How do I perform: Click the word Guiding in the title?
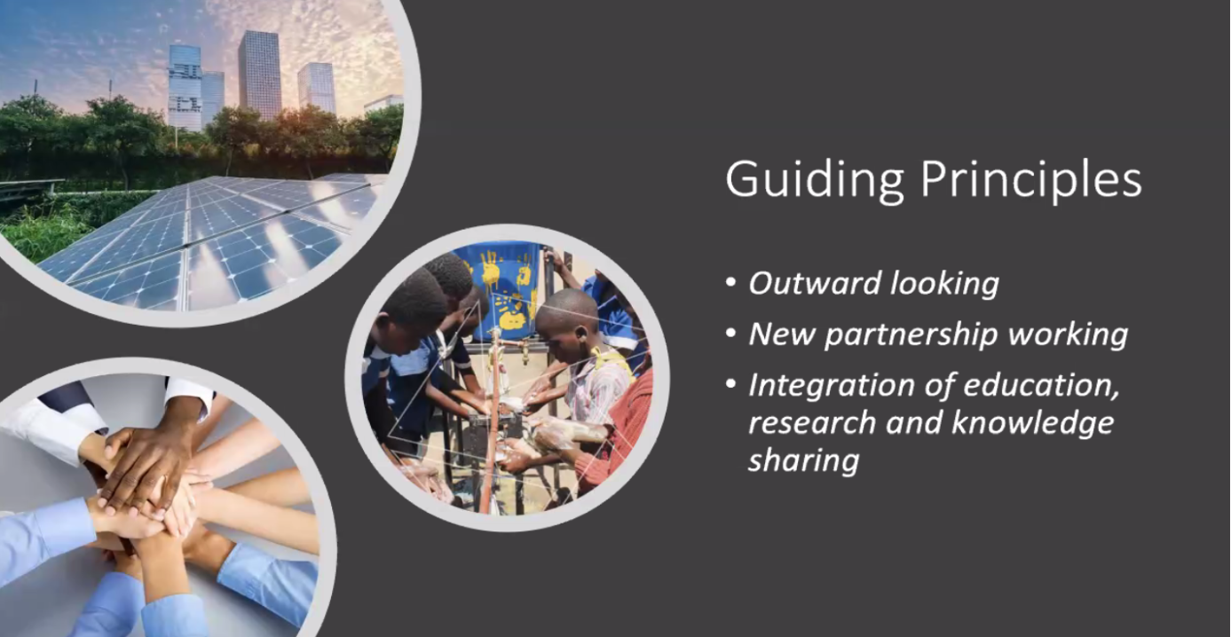(815, 181)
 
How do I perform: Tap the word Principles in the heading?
(1031, 181)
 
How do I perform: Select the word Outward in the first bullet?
(815, 283)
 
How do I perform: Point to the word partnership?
(911, 335)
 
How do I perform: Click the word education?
(1041, 386)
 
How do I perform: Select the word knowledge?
(1032, 424)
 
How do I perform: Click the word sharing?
(803, 461)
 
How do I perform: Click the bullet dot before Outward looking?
(731, 283)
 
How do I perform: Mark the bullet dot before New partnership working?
(731, 333)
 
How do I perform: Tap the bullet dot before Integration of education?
(731, 383)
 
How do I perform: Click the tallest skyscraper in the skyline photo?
(259, 75)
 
